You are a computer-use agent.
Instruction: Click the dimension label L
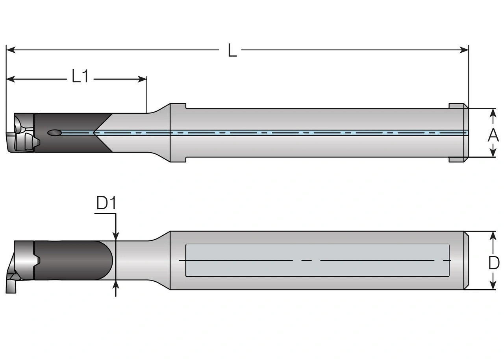click(x=232, y=51)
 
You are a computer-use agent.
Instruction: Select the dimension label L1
click(x=80, y=76)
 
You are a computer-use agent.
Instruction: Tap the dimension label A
click(x=493, y=135)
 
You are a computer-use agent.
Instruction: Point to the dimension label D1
click(x=106, y=203)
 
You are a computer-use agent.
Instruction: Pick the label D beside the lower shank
click(x=493, y=262)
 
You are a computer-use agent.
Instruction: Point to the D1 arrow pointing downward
click(x=116, y=235)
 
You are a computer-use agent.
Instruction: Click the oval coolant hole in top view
click(x=54, y=133)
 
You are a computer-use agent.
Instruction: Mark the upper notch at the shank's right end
click(x=457, y=106)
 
